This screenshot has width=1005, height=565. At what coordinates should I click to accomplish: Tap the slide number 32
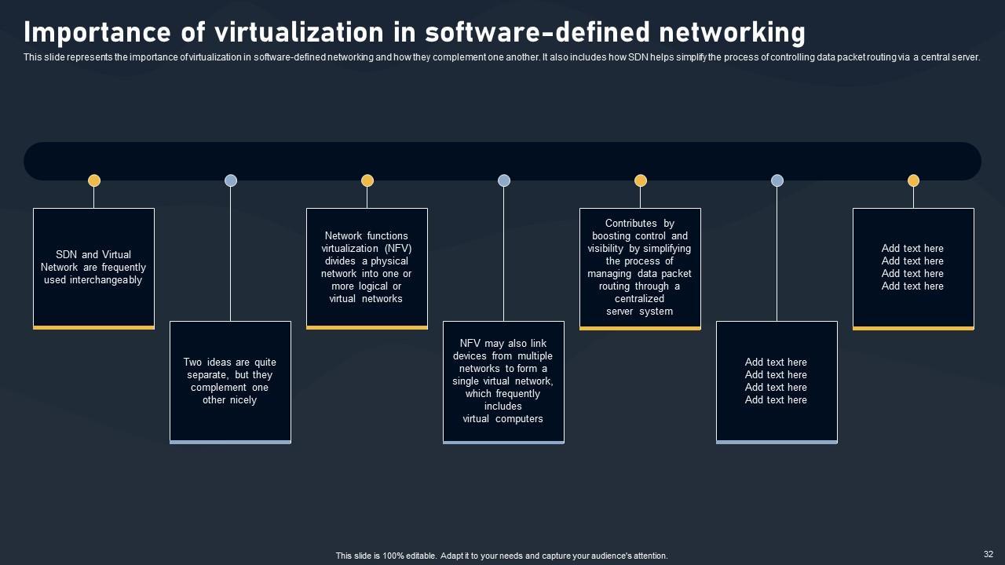tap(988, 554)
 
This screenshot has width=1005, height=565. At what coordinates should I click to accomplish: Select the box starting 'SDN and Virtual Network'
tap(93, 268)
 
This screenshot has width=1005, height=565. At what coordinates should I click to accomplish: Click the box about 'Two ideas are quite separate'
tap(230, 381)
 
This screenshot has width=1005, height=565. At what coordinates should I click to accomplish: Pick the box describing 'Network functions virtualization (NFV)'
tap(367, 267)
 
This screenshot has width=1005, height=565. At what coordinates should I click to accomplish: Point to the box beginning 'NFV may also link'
tap(503, 381)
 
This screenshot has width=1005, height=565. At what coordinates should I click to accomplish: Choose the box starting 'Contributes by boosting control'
tap(640, 268)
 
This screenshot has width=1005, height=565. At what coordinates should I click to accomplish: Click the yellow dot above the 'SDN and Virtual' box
tap(94, 180)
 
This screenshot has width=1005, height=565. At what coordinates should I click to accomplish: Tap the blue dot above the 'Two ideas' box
tap(231, 180)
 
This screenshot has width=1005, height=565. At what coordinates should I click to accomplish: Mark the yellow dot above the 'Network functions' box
tap(367, 180)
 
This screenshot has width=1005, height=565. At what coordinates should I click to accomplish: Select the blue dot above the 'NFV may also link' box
tap(504, 180)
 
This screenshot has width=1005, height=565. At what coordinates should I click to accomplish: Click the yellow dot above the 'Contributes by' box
tap(641, 180)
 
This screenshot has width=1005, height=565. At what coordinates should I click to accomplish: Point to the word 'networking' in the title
tap(732, 33)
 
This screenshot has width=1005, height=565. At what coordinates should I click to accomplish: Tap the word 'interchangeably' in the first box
tap(93, 280)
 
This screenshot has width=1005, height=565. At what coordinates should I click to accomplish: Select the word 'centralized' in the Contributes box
tap(640, 299)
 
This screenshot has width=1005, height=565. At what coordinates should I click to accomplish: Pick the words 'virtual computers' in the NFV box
tap(502, 419)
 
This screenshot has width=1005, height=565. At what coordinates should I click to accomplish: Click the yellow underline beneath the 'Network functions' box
tap(367, 327)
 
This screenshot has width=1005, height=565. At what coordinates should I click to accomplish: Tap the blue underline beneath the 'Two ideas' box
tap(230, 442)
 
